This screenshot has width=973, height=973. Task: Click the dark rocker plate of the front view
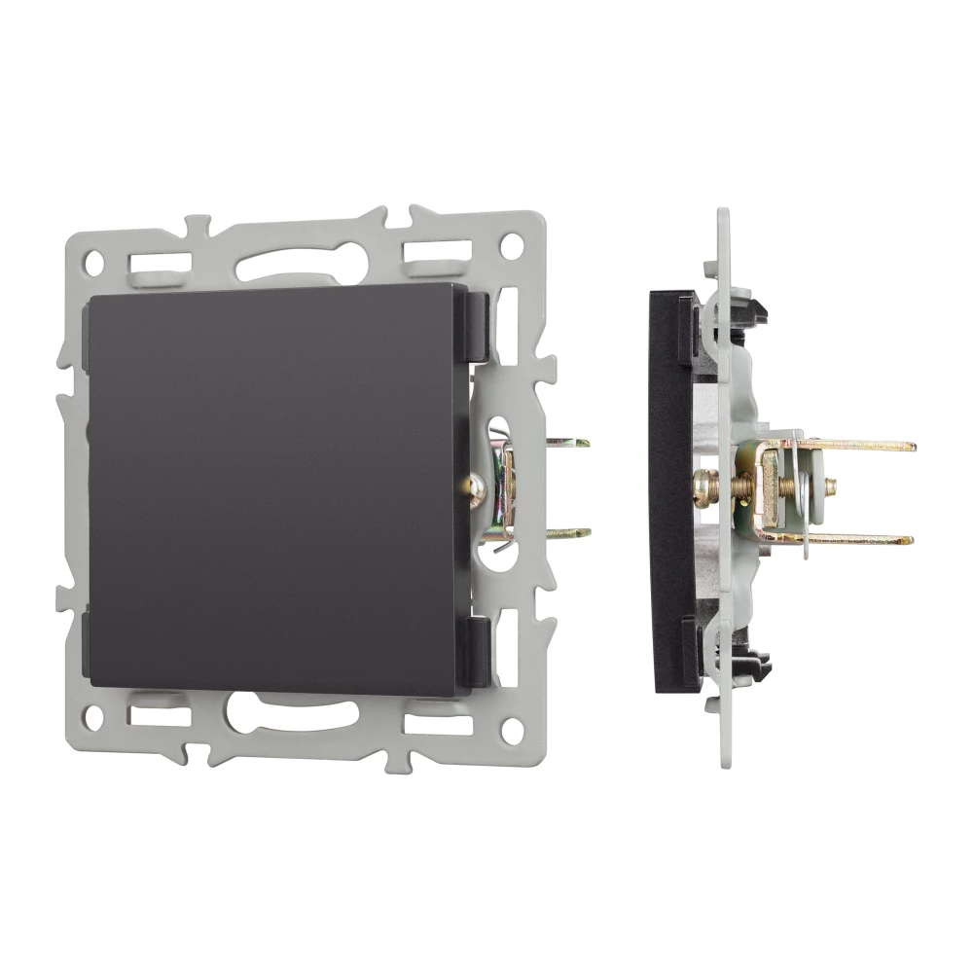click(x=272, y=486)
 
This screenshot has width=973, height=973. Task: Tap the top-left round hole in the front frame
click(x=94, y=262)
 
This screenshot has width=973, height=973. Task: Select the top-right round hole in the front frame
click(x=511, y=247)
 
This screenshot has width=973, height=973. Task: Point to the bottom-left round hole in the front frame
click(x=93, y=718)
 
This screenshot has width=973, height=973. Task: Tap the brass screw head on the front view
click(x=476, y=489)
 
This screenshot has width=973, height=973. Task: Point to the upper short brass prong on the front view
click(x=568, y=443)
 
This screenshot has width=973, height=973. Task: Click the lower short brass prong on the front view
click(x=568, y=533)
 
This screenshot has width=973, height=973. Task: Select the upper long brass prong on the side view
click(x=856, y=446)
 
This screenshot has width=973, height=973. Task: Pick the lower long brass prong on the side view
click(x=856, y=538)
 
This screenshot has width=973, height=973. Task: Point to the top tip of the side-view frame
click(x=722, y=214)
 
